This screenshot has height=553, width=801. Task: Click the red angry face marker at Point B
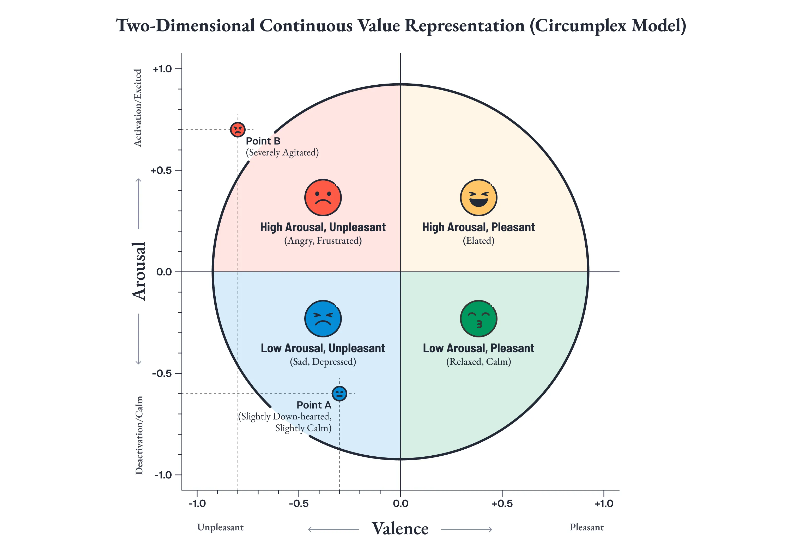pos(238,130)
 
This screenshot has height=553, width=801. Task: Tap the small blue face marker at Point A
pos(339,394)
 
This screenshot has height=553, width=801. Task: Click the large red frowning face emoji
pos(323,198)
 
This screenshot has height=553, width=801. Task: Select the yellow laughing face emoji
pos(478,198)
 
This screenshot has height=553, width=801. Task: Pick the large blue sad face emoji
pos(323,319)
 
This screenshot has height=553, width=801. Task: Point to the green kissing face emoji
pos(478,319)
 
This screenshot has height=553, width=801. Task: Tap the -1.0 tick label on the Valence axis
pos(197,504)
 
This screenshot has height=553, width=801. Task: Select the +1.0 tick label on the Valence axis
pos(604,504)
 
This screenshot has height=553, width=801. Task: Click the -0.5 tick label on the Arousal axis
pos(162,374)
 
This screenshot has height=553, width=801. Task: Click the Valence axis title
pos(400,529)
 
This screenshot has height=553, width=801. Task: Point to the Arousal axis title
pos(139,271)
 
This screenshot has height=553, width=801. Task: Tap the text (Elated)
pos(478,241)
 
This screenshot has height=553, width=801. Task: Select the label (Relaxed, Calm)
pos(478,362)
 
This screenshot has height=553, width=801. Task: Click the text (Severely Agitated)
pos(282,153)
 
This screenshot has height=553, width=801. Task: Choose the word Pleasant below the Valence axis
pos(587,527)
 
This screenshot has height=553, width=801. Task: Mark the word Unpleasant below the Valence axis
pos(220,527)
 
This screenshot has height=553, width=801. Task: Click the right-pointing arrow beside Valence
pos(466,530)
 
